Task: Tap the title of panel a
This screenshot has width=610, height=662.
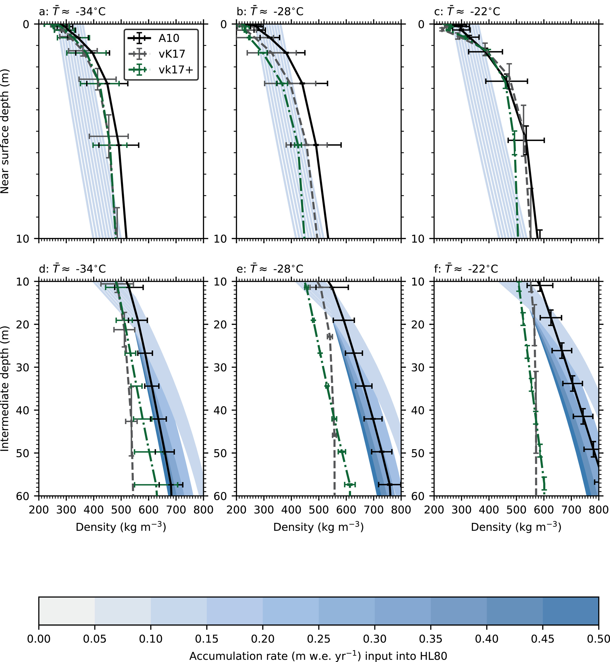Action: pyautogui.click(x=72, y=11)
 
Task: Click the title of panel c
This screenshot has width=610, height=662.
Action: pyautogui.click(x=467, y=11)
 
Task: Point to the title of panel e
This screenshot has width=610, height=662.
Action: pyautogui.click(x=270, y=269)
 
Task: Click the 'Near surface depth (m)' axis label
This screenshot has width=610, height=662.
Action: pyautogui.click(x=5, y=131)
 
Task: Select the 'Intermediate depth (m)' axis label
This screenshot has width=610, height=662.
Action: pyautogui.click(x=5, y=388)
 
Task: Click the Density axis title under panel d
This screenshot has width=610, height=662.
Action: pyautogui.click(x=121, y=527)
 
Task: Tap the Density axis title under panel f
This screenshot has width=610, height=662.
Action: pyautogui.click(x=516, y=527)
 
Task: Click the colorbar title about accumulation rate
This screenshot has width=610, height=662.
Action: pyautogui.click(x=318, y=656)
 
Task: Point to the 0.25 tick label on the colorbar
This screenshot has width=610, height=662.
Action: pyautogui.click(x=318, y=639)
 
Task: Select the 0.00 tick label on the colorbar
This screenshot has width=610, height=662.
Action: pyautogui.click(x=39, y=639)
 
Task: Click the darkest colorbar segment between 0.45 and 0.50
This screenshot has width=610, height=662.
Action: pyautogui.click(x=570, y=611)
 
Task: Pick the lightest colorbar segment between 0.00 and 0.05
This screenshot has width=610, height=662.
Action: pyautogui.click(x=67, y=611)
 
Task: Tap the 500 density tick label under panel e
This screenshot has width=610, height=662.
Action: pyautogui.click(x=318, y=510)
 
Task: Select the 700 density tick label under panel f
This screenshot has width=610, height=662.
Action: pyautogui.click(x=571, y=510)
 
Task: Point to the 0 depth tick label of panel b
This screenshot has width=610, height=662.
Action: pyautogui.click(x=224, y=24)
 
